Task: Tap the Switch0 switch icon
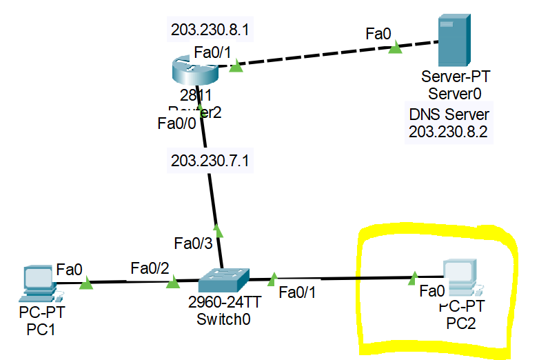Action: [222, 280]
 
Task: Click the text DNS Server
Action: [449, 114]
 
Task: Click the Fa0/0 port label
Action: [177, 124]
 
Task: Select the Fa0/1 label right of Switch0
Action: [298, 292]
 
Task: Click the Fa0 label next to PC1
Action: [70, 268]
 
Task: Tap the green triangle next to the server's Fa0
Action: [395, 48]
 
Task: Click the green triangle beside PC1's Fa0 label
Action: [85, 283]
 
